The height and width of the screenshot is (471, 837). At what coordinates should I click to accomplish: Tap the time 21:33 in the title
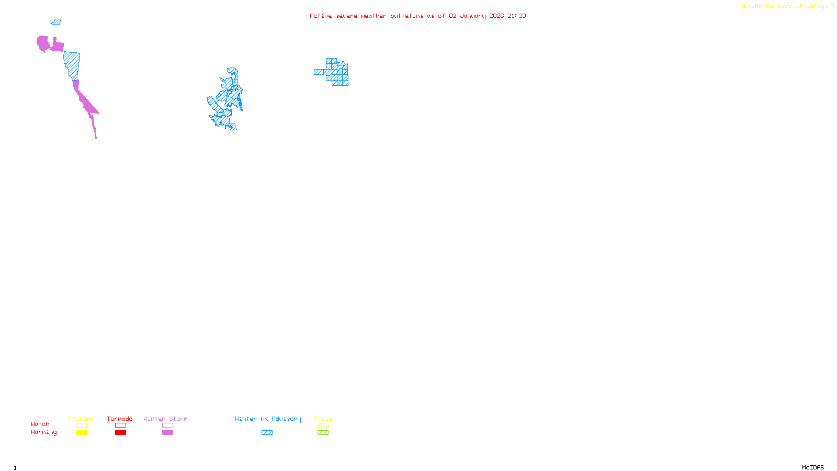click(516, 16)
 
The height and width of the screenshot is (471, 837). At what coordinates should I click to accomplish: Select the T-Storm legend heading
click(81, 419)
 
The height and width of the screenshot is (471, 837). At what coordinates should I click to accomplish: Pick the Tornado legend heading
click(120, 419)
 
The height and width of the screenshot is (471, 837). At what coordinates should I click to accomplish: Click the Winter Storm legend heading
click(165, 419)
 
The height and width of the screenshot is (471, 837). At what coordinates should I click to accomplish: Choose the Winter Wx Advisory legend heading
click(268, 419)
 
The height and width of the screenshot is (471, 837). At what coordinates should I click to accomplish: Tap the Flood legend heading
click(323, 419)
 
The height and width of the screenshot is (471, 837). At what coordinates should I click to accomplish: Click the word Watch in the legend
click(40, 424)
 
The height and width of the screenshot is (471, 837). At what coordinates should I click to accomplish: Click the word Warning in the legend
click(43, 432)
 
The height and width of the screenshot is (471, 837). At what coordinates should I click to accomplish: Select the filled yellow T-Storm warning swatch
click(81, 433)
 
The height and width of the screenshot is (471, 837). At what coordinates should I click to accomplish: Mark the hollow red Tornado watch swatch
click(120, 425)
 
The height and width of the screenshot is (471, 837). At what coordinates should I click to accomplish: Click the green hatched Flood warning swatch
click(323, 433)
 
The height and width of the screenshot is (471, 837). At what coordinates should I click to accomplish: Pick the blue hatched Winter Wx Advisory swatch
click(267, 433)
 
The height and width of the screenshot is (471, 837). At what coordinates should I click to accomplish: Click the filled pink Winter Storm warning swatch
click(167, 433)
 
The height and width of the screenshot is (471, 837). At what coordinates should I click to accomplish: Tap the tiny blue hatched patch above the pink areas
click(56, 22)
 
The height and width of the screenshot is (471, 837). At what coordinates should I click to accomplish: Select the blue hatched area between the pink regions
click(72, 65)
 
